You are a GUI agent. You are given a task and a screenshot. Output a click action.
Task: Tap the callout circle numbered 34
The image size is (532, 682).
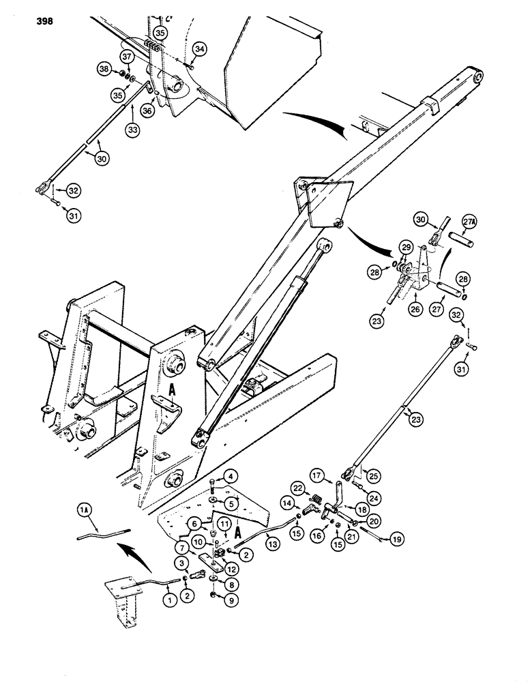[198, 48]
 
